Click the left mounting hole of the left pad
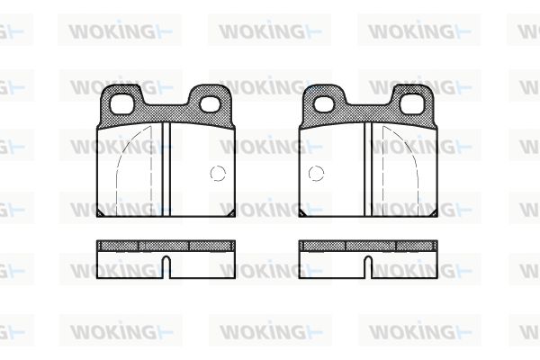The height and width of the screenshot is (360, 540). click(121, 103)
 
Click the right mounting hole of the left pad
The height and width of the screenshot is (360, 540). click(210, 104)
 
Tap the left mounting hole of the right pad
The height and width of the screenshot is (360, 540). click(323, 104)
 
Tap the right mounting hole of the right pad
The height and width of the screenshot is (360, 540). click(412, 103)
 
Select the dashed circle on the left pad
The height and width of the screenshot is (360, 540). click(218, 174)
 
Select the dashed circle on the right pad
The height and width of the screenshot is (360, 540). click(316, 174)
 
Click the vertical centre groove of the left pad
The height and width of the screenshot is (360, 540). click(166, 169)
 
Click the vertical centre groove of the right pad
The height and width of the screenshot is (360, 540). click(368, 169)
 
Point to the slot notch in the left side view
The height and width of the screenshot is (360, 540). click(166, 267)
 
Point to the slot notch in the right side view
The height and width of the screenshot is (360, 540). click(368, 267)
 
